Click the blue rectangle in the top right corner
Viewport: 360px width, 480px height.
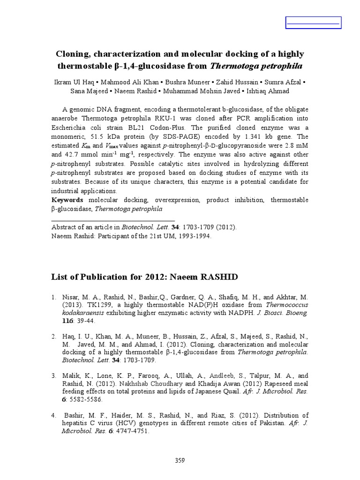tap(313, 22)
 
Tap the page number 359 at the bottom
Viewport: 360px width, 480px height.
tap(180, 460)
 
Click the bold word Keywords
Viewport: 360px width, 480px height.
tap(67, 200)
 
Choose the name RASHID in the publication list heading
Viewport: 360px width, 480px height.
tap(219, 277)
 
